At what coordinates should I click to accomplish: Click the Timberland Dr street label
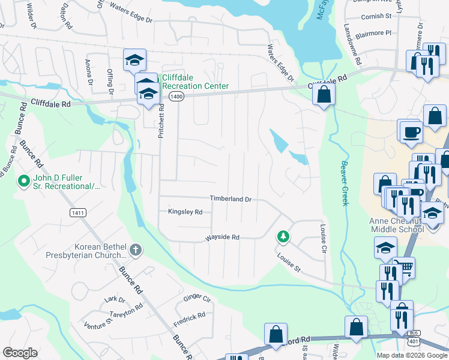tap(230, 199)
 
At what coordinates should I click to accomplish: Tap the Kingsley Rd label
tap(185, 212)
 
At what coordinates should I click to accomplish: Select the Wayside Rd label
tap(222, 238)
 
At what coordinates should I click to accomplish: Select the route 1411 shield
tap(77, 212)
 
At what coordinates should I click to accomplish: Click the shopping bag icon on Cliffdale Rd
tap(324, 94)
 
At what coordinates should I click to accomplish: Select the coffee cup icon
tap(411, 131)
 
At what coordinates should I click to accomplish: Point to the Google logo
tap(20, 353)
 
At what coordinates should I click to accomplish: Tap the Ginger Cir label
tap(197, 298)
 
